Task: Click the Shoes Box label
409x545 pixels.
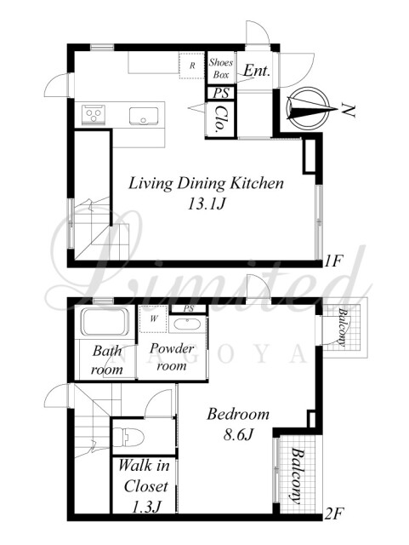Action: (221, 68)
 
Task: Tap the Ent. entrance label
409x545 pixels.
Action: (257, 71)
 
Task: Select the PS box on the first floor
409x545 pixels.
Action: (221, 93)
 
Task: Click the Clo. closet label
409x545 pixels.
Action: (220, 119)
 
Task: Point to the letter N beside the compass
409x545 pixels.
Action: (349, 110)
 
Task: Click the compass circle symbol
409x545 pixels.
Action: (308, 108)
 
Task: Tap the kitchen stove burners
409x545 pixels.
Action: (94, 113)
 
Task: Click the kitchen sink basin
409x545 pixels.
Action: (144, 116)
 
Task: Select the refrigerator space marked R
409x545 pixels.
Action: (191, 66)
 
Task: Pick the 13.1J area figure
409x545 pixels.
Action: (207, 204)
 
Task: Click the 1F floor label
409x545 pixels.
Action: (333, 261)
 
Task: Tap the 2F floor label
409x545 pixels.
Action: (334, 513)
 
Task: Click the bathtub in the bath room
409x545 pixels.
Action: (105, 321)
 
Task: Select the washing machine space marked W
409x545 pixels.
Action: (153, 319)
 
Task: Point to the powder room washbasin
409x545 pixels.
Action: (187, 324)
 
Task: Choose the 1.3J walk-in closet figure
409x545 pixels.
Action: (145, 508)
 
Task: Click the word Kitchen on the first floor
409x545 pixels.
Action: (258, 183)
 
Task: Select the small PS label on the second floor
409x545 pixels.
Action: (189, 308)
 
